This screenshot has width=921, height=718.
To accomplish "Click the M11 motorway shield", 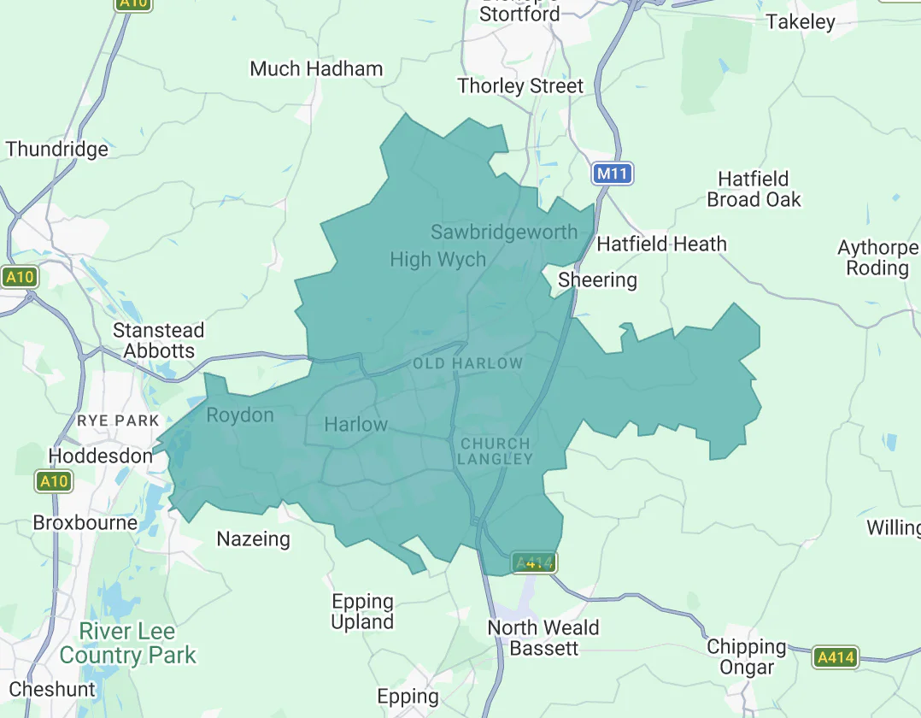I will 613,174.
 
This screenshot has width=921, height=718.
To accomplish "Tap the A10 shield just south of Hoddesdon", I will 53,482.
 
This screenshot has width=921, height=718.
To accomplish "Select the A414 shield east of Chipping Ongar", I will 835,657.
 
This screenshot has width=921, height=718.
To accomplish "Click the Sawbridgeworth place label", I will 504,232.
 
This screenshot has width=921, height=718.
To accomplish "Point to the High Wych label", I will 437,259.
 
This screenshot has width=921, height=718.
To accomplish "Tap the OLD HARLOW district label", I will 467,363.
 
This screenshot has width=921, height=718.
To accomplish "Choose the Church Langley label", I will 496,451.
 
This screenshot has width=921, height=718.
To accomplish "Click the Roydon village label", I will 240,415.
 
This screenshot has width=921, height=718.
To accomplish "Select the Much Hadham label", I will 316,68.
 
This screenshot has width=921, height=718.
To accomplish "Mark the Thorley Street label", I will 520,85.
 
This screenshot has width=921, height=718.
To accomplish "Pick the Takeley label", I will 801,21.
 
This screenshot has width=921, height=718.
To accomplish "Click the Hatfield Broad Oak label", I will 754,189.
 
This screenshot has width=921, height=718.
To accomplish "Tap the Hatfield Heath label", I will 661,244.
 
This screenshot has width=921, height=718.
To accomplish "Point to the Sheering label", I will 597,280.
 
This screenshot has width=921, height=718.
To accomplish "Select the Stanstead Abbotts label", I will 159,340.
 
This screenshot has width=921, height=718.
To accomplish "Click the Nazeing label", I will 253,539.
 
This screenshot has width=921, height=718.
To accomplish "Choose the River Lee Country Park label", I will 127,644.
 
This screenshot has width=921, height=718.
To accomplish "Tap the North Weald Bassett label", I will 543,638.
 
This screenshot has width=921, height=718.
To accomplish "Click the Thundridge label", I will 57,149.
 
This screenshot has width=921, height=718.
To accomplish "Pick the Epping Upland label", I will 362,612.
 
